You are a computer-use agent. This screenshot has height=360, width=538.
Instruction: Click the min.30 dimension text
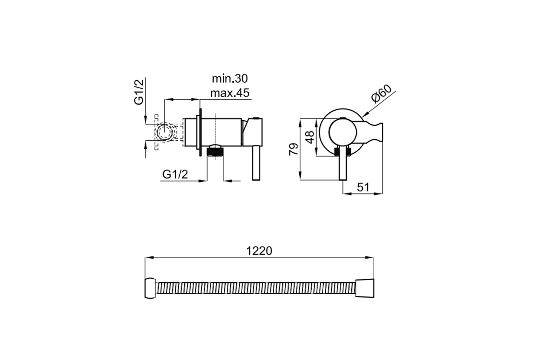[x=230, y=79]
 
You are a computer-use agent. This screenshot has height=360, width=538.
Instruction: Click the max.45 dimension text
[x=230, y=93]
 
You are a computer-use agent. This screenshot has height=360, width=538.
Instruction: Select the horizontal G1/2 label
[x=175, y=175]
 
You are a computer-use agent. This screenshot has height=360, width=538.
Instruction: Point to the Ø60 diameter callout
[x=381, y=93]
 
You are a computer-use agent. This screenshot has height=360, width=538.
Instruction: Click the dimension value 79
[x=293, y=149]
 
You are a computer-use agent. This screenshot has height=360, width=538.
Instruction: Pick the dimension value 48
[x=309, y=137]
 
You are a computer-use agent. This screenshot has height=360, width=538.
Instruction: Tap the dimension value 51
[x=363, y=187]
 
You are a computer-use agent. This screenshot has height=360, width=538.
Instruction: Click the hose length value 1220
[x=259, y=251]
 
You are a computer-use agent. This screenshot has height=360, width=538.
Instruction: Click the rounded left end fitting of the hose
[x=151, y=288]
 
